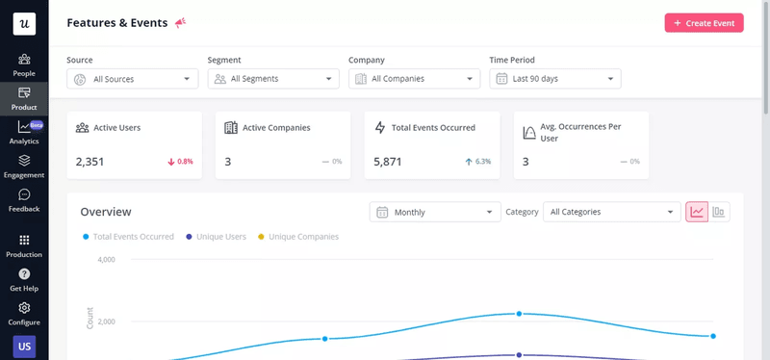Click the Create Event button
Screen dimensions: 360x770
pos(704,23)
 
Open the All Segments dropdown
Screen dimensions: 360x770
pos(273,79)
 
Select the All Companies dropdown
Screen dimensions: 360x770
pos(414,79)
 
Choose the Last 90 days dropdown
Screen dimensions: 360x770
pos(555,79)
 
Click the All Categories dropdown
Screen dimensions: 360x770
pos(611,212)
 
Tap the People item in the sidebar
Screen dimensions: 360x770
pos(24,64)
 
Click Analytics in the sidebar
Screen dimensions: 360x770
pos(24,133)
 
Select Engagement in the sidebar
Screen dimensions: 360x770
pos(24,167)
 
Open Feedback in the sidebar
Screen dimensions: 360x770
pos(24,200)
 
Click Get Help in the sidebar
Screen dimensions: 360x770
pos(24,280)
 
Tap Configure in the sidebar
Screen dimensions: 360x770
pos(24,314)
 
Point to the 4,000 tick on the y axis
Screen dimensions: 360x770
pos(106,260)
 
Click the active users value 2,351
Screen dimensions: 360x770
pos(90,162)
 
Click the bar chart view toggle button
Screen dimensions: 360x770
pos(719,212)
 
